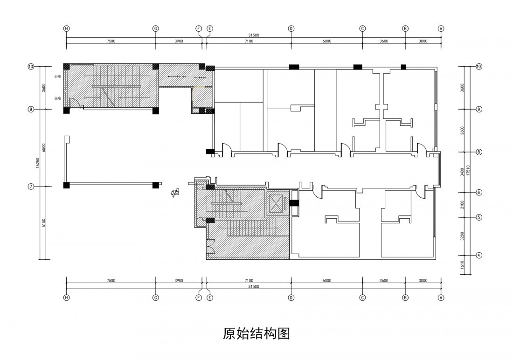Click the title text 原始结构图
[256, 334]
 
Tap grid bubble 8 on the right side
[479, 152]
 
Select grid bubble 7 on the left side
[31, 186]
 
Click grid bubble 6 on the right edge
[479, 192]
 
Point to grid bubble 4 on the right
[479, 255]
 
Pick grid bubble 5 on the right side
[479, 217]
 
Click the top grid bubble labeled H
[67, 28]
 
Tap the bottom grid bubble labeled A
[441, 298]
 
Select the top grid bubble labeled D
[291, 28]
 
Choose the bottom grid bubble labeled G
[156, 298]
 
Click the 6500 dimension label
[44, 148]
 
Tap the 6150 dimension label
[44, 223]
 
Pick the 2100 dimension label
[462, 205]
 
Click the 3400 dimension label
[462, 172]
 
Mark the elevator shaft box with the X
[277, 203]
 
